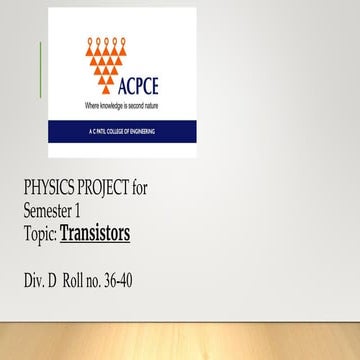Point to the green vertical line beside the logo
click(41, 70)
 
